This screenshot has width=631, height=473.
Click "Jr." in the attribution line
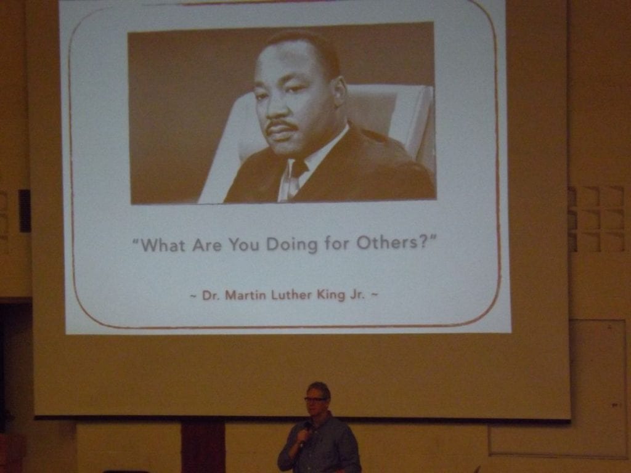[357, 294]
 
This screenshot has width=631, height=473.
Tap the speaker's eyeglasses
[315, 399]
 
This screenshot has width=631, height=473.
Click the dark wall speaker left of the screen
[25, 211]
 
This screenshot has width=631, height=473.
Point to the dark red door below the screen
[203, 446]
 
